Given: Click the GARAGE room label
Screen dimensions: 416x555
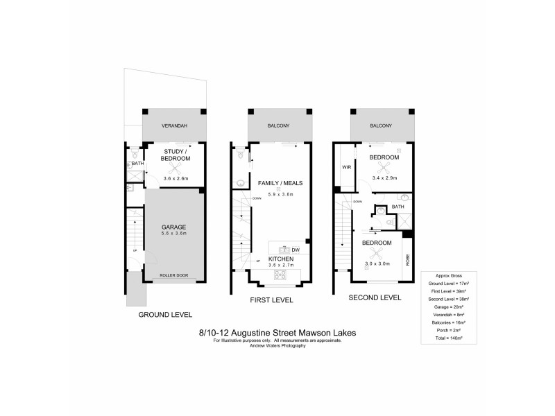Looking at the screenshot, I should point(173,227).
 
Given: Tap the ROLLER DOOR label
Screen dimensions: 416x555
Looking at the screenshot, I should point(173,276).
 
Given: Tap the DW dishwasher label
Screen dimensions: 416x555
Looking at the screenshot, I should point(296,250).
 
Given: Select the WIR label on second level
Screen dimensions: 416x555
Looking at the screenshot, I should point(345,167).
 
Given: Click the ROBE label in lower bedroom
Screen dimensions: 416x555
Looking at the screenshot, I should point(408,261).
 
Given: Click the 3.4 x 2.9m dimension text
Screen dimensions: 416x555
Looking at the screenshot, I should point(384,177).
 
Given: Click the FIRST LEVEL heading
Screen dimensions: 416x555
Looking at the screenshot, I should point(271,300).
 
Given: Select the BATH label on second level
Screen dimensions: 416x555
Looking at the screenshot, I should point(398,207).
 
